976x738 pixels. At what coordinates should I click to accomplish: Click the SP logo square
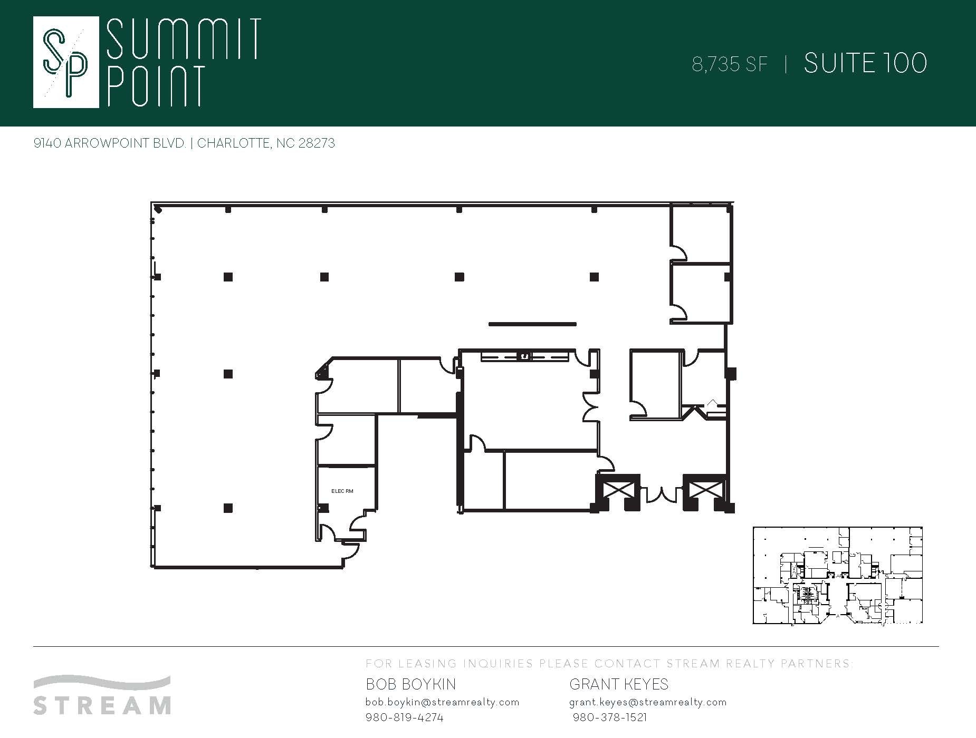pos(66,62)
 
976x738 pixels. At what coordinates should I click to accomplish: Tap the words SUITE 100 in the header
pos(865,63)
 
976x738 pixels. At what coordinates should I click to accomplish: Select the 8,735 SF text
pos(730,64)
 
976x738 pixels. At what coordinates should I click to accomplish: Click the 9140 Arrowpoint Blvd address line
pos(184,143)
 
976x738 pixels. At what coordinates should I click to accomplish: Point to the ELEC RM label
pos(342,491)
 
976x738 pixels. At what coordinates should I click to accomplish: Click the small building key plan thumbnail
pos(837,575)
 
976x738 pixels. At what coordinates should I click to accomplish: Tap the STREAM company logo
pos(102,695)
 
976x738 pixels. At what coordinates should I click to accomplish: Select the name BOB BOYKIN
pos(410,684)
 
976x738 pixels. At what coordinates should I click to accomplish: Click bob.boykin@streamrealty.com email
pos(442,702)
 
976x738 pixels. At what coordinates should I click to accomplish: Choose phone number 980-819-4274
pos(404,717)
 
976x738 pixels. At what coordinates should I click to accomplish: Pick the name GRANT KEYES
pos(619,684)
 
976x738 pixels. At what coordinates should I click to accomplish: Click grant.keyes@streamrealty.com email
pos(648,702)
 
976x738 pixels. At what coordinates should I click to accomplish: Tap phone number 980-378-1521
pos(610,717)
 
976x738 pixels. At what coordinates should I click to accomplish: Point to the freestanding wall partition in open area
pos(532,324)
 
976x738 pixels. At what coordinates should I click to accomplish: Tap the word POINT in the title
pos(155,85)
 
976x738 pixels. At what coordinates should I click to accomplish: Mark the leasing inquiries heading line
pos(609,664)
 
